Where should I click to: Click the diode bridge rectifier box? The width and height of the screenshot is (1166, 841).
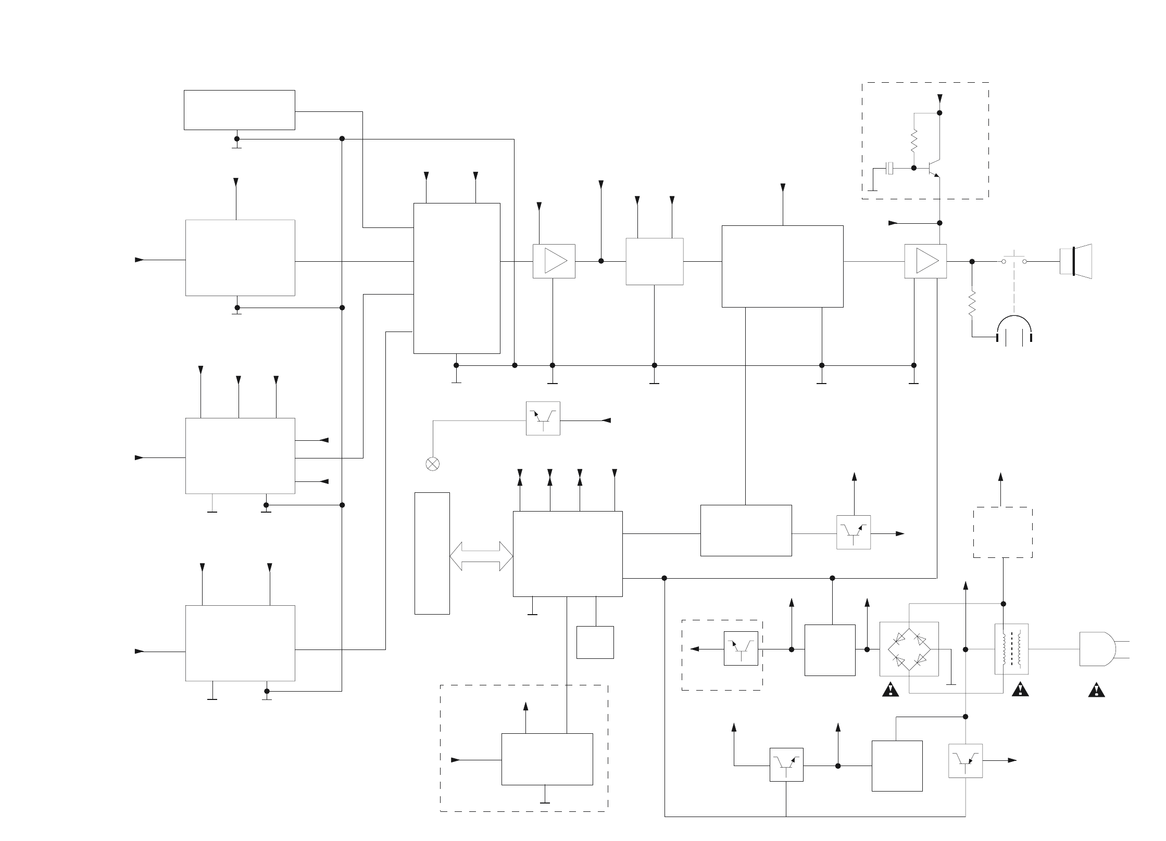click(x=909, y=649)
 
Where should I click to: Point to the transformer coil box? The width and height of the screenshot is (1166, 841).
click(x=1011, y=649)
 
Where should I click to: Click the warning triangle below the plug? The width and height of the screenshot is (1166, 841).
click(x=1097, y=691)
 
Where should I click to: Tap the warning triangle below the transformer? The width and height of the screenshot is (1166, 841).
click(x=1019, y=691)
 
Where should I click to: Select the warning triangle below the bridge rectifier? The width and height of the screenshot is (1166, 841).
click(x=891, y=691)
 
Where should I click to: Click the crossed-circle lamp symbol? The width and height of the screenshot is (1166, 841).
click(x=432, y=464)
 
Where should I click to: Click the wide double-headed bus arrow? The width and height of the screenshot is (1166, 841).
click(x=481, y=556)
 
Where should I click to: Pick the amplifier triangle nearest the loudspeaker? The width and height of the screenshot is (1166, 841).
click(x=925, y=261)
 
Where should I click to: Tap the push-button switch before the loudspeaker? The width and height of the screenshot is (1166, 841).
click(x=1013, y=260)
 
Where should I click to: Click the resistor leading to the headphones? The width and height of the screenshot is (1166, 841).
click(x=972, y=304)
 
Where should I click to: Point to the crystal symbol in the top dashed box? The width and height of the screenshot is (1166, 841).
click(x=891, y=168)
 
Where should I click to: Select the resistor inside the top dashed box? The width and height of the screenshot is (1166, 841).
click(x=913, y=141)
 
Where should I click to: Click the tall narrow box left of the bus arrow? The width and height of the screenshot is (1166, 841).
click(x=432, y=553)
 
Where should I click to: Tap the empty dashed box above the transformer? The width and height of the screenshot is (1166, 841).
click(x=1002, y=532)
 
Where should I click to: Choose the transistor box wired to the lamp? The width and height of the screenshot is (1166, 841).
click(x=543, y=418)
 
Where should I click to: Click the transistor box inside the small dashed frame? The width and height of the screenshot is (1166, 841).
click(x=741, y=648)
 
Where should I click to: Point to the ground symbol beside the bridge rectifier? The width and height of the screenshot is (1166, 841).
click(x=951, y=682)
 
